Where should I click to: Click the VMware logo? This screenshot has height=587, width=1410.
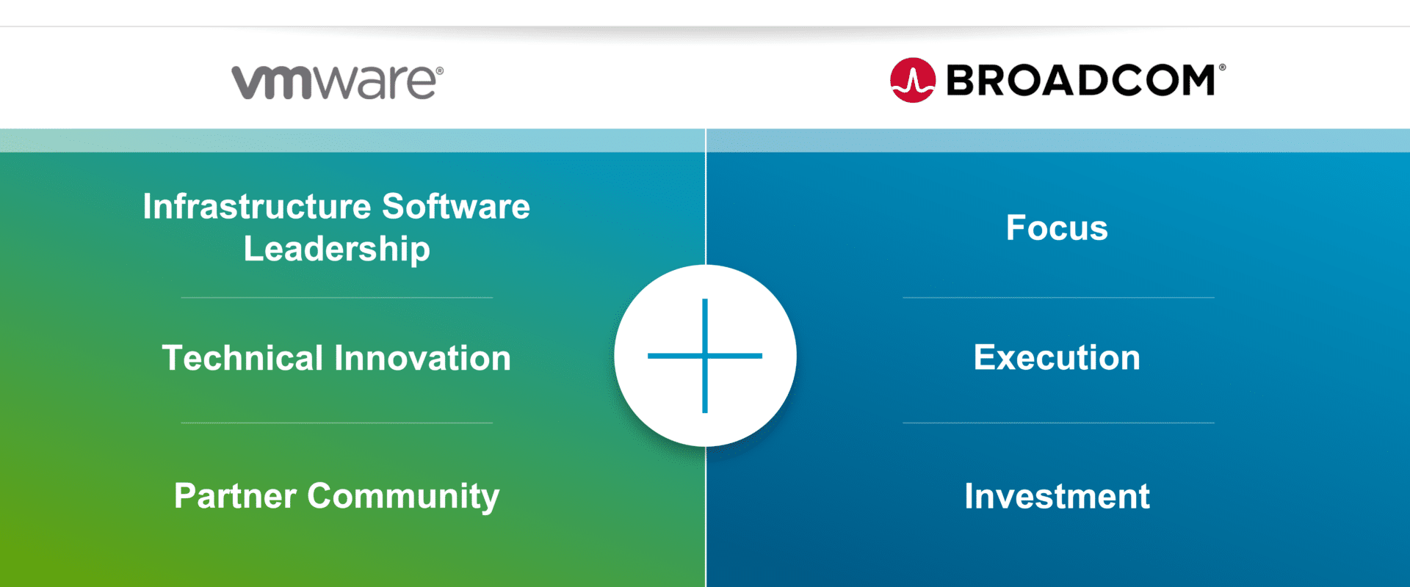tap(337, 81)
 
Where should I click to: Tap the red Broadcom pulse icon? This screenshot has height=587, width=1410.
tap(913, 80)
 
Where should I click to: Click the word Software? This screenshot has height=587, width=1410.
tap(456, 206)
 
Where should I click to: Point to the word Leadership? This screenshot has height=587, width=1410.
tap(337, 249)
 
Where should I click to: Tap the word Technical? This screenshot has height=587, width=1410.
tap(242, 358)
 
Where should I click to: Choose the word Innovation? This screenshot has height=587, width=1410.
tap(423, 358)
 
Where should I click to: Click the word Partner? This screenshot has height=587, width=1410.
tap(236, 496)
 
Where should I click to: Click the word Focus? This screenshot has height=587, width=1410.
tap(1057, 227)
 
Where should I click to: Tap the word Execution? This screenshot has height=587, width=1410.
tap(1057, 358)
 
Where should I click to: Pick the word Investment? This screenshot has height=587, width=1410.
tap(1057, 496)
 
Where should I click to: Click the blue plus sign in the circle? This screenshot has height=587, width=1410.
tap(705, 356)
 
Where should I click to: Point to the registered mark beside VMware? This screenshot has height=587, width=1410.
tap(439, 71)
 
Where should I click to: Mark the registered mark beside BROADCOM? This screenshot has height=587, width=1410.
tap(1222, 68)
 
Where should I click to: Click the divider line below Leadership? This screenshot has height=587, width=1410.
tap(337, 298)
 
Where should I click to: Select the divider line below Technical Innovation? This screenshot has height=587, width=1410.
tap(337, 423)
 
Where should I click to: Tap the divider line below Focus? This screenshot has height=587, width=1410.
tap(1058, 298)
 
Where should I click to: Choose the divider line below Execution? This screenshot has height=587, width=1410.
tap(1058, 423)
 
